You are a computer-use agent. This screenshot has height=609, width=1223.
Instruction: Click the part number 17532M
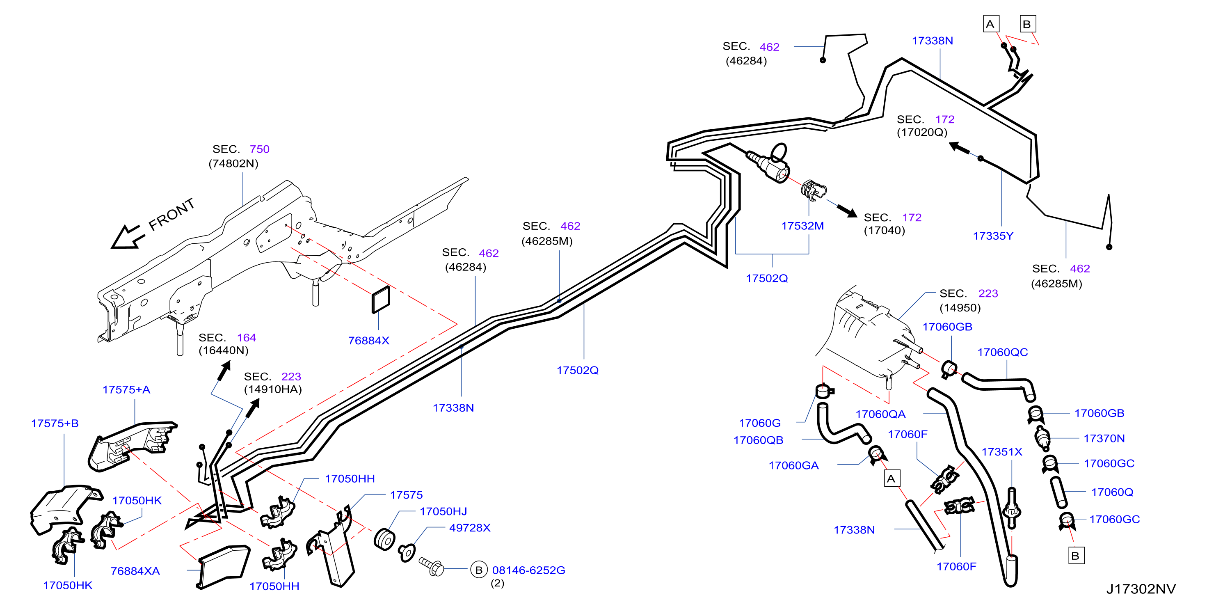[x=802, y=226]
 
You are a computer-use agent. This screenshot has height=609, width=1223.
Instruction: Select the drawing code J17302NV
[x=1141, y=589]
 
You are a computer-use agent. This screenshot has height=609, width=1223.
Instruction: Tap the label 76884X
[x=368, y=341]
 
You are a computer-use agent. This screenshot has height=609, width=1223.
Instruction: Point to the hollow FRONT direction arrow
[x=127, y=236]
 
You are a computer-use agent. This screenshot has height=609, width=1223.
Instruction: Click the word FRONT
[x=171, y=214]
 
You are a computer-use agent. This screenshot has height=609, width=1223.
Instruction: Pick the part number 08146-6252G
[x=528, y=570]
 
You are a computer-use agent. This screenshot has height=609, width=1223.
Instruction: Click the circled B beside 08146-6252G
[x=478, y=570]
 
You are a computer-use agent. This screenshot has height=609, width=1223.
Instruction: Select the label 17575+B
[x=55, y=423]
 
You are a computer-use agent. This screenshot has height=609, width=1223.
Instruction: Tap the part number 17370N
[x=1104, y=438]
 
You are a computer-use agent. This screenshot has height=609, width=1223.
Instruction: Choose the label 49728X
[x=469, y=528]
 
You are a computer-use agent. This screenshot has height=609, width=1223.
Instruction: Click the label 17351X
[x=1002, y=452]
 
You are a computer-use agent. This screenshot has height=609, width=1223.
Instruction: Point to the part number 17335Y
[x=993, y=236]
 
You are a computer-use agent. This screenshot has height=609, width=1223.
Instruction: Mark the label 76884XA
[x=135, y=571]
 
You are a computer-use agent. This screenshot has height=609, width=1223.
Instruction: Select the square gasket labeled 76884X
[x=381, y=300]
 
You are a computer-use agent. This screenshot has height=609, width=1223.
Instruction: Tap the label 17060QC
[x=1002, y=352]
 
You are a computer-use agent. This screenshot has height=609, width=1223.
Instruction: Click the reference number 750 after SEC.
[x=259, y=149]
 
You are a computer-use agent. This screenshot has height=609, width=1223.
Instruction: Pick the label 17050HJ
[x=443, y=511]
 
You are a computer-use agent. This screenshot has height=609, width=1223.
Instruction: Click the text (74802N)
[x=233, y=163]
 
